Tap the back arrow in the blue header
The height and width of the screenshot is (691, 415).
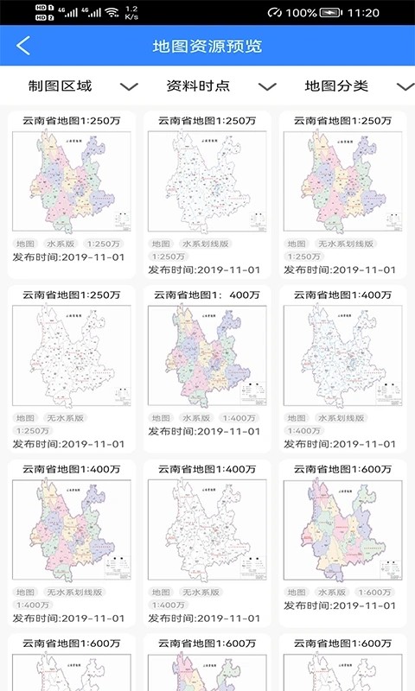(23, 46)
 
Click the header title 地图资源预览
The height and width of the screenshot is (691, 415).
(207, 46)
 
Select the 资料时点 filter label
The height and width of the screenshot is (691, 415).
(198, 86)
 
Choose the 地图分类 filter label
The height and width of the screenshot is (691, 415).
(336, 86)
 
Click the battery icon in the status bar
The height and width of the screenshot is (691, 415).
(330, 13)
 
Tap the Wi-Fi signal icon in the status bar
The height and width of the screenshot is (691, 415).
(111, 13)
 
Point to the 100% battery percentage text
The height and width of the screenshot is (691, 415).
(301, 13)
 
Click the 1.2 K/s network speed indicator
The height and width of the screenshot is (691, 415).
(131, 13)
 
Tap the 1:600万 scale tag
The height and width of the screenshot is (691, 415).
(374, 593)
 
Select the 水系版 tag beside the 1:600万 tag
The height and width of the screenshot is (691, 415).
(331, 593)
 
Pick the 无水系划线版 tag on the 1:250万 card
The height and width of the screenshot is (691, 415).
(344, 244)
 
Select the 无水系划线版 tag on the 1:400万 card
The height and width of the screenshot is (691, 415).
(74, 593)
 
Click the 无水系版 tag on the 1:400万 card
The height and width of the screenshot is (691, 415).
(201, 593)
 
